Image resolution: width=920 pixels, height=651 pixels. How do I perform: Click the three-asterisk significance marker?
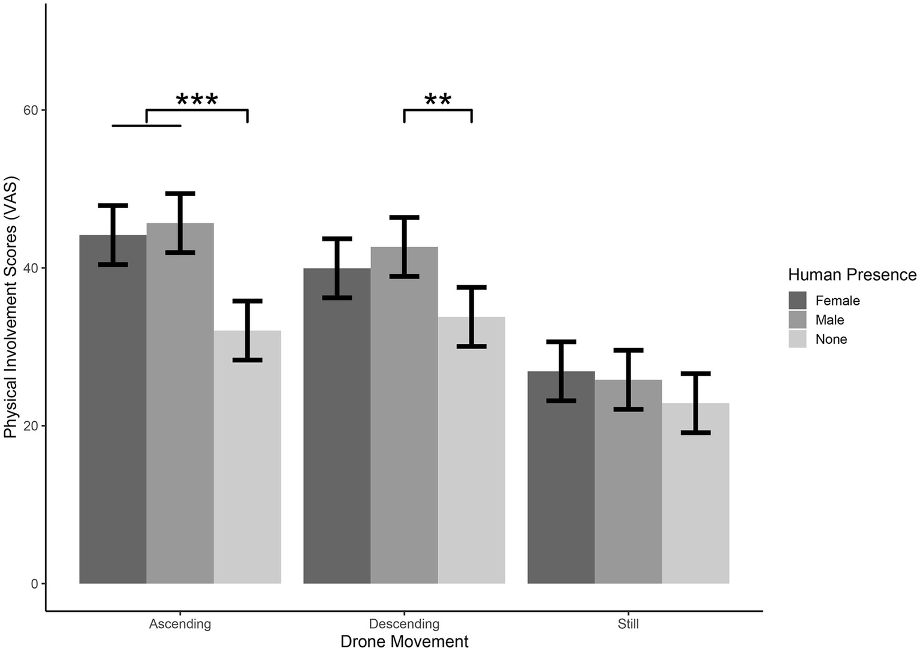pos(197,100)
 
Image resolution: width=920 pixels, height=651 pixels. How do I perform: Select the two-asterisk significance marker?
pos(438,100)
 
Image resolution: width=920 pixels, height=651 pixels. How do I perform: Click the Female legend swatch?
pos(797,301)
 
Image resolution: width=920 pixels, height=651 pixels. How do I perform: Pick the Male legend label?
pos(829,320)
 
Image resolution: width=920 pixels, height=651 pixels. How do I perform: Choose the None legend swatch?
pos(797,339)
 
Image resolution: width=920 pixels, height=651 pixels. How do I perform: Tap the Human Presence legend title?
pos(852,275)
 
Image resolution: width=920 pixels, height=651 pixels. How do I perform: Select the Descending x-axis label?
pos(404,624)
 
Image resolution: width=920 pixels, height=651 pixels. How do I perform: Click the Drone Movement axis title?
pos(404,641)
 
